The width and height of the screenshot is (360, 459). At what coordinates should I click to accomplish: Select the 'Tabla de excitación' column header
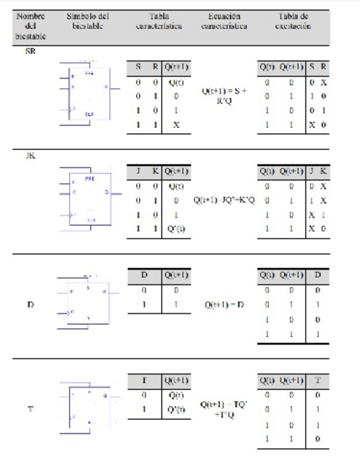[x=293, y=21]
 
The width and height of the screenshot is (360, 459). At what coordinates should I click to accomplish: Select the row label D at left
[x=30, y=305]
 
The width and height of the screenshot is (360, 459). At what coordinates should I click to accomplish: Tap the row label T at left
[x=30, y=409]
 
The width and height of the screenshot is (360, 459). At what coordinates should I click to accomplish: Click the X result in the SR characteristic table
[x=176, y=124]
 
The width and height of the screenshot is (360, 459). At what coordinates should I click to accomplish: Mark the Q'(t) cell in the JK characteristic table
[x=176, y=228]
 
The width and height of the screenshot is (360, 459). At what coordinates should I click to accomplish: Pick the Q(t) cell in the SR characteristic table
[x=176, y=83]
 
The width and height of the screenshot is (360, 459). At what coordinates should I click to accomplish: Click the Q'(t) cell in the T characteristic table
[x=176, y=409]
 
